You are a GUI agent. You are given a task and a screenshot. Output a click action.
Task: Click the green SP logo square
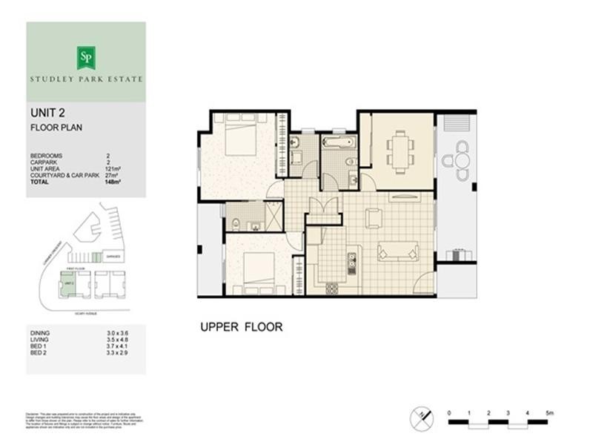tap(85, 58)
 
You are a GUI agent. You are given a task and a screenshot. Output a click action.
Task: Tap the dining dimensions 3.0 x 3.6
tap(116, 334)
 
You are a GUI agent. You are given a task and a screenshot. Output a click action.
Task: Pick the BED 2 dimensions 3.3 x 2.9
tap(116, 352)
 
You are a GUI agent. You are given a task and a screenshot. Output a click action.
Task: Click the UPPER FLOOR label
tap(241, 327)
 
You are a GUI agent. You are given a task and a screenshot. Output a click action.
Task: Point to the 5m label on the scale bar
tap(549, 412)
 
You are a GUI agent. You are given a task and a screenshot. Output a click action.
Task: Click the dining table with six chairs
tap(401, 151)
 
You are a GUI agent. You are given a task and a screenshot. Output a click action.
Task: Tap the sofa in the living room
tap(398, 251)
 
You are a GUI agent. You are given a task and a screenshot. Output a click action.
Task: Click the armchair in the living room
tap(374, 218)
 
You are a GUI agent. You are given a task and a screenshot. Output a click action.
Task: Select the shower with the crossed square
tap(274, 216)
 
